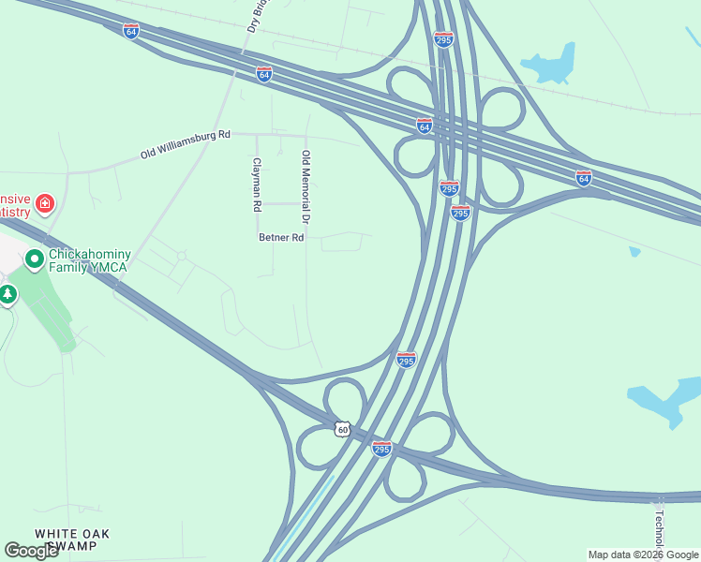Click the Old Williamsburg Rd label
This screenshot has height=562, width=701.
pyautogui.click(x=186, y=143)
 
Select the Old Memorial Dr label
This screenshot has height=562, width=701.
pyautogui.click(x=305, y=185)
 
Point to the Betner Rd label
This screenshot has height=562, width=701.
pyautogui.click(x=281, y=238)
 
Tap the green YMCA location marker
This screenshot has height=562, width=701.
pyautogui.click(x=35, y=258)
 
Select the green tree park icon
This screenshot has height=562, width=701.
pyautogui.click(x=8, y=294)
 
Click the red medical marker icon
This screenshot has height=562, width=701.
pyautogui.click(x=44, y=204)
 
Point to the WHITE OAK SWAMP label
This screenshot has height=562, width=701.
pyautogui.click(x=72, y=540)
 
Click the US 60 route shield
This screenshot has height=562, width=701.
pyautogui.click(x=343, y=428)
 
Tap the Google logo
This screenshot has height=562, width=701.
pyautogui.click(x=31, y=551)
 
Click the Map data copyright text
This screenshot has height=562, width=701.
pyautogui.click(x=643, y=555)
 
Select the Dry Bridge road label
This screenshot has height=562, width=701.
pyautogui.click(x=255, y=16)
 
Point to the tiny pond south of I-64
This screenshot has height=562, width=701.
pyautogui.click(x=635, y=251)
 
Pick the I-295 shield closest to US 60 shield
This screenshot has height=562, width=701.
pyautogui.click(x=381, y=450)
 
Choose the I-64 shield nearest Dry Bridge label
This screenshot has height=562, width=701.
pyautogui.click(x=264, y=73)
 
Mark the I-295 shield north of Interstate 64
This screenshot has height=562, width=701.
pyautogui.click(x=444, y=38)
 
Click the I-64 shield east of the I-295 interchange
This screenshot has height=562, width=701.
pyautogui.click(x=584, y=177)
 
